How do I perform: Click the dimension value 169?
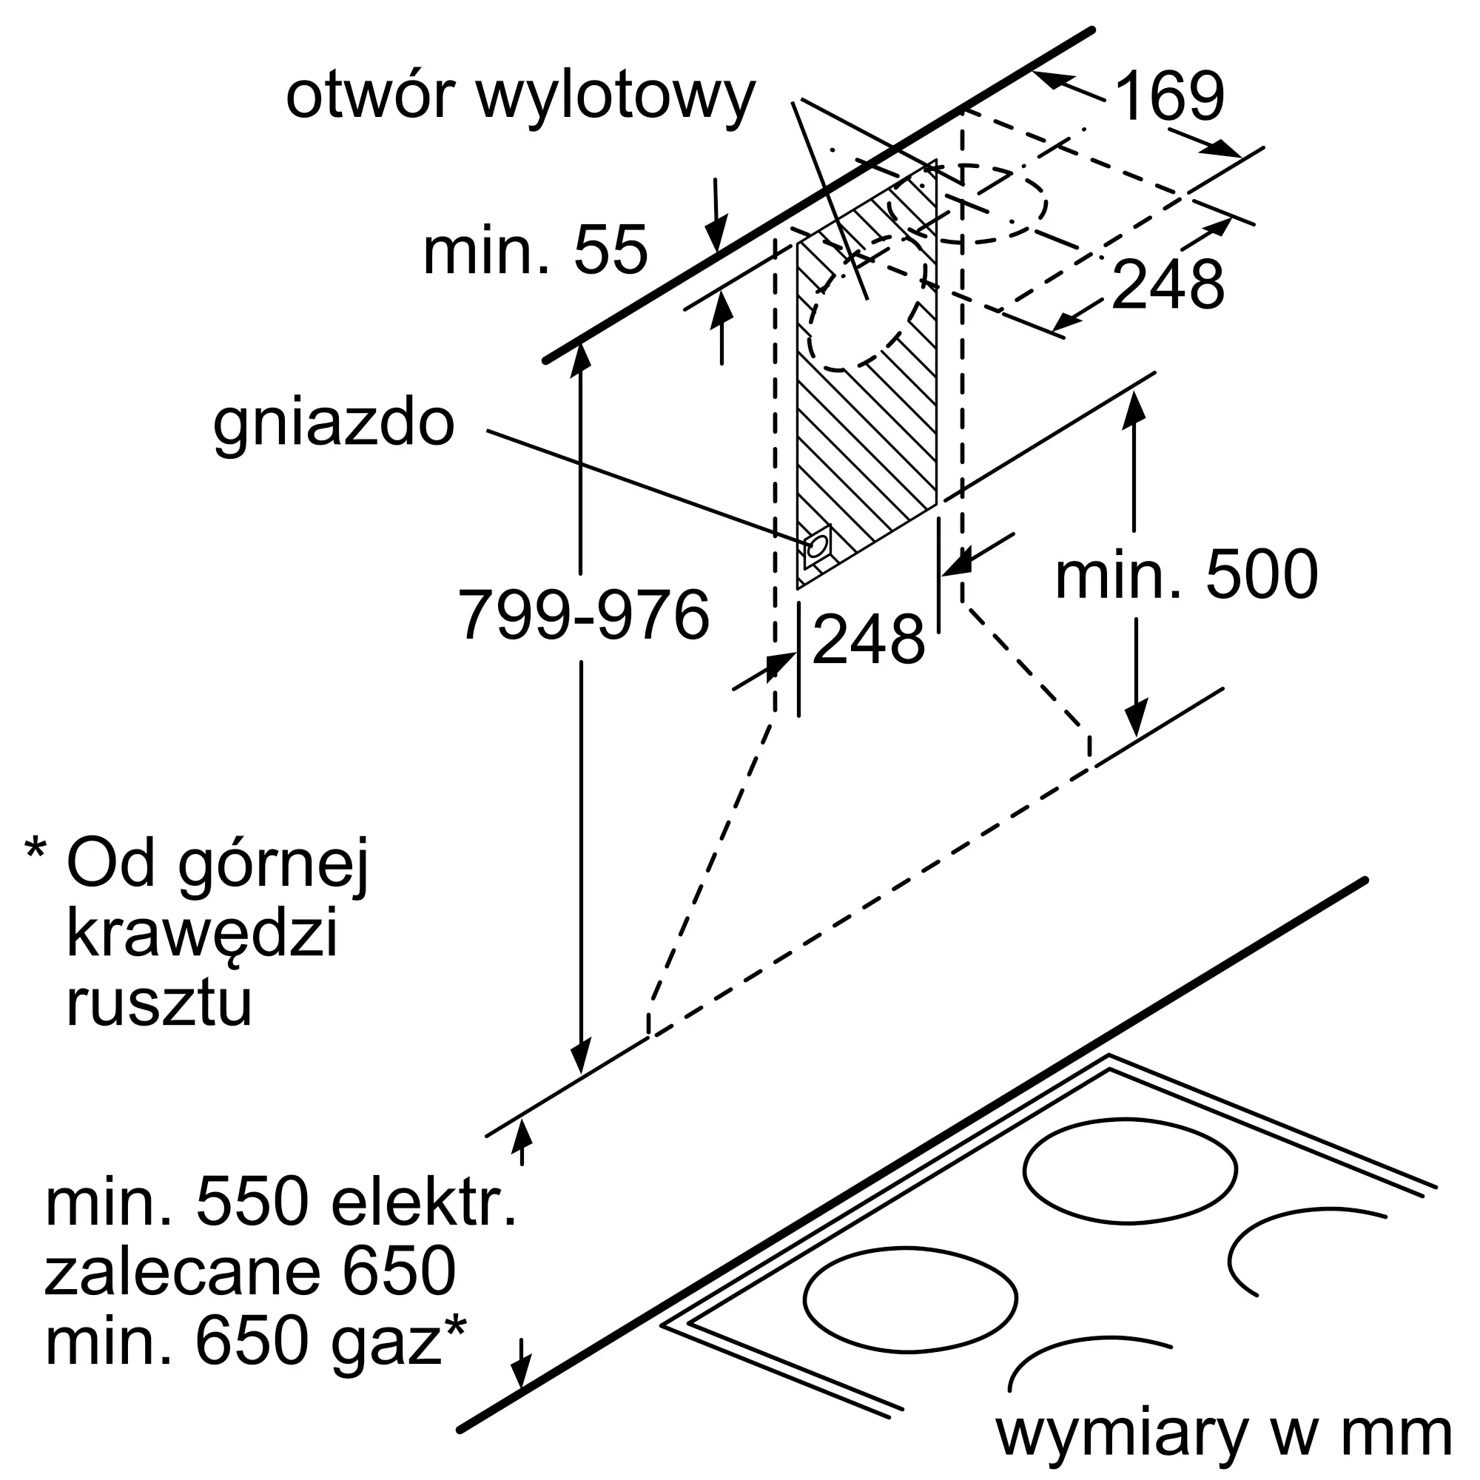[1170, 96]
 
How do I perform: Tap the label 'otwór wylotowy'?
[521, 98]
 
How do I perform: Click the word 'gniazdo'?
[334, 425]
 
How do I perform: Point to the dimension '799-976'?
[584, 615]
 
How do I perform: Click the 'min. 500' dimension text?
[1187, 574]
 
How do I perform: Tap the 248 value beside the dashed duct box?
[1168, 284]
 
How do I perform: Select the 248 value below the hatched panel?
[869, 639]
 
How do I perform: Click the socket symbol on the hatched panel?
[818, 546]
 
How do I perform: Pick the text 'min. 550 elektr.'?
[281, 1204]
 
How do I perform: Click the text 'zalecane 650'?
[251, 1272]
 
